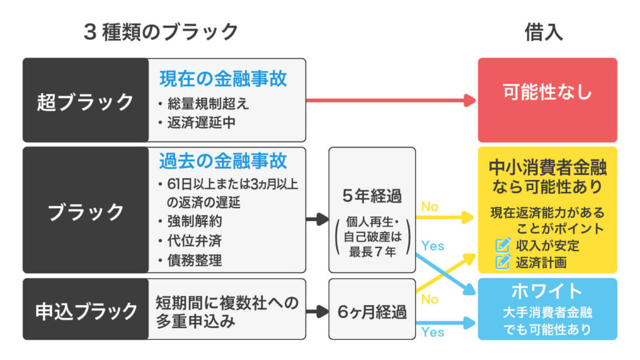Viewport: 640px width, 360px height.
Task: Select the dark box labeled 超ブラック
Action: pyautogui.click(x=85, y=101)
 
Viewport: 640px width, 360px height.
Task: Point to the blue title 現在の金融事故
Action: pyautogui.click(x=222, y=79)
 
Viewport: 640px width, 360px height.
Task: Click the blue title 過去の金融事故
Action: pyautogui.click(x=222, y=161)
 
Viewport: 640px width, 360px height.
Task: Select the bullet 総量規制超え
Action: pyautogui.click(x=201, y=104)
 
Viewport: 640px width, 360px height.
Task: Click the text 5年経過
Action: pyautogui.click(x=372, y=195)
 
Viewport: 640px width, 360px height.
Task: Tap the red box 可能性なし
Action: pyautogui.click(x=547, y=92)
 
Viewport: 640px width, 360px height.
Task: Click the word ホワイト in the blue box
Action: pyautogui.click(x=547, y=291)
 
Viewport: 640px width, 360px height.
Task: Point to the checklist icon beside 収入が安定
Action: pyautogui.click(x=503, y=244)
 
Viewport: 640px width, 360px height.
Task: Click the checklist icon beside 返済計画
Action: pyautogui.click(x=503, y=261)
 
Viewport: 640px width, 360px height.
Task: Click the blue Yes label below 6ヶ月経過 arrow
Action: pyautogui.click(x=432, y=332)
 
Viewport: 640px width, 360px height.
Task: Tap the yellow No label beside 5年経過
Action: pyautogui.click(x=430, y=206)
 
